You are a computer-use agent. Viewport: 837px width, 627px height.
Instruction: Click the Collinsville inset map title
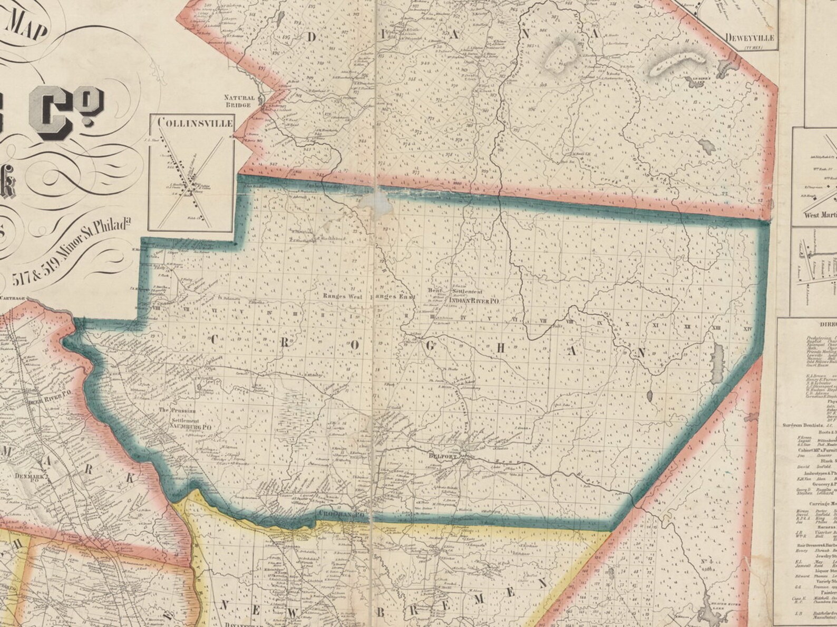195,123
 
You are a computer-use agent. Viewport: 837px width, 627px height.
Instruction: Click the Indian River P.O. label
473,301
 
